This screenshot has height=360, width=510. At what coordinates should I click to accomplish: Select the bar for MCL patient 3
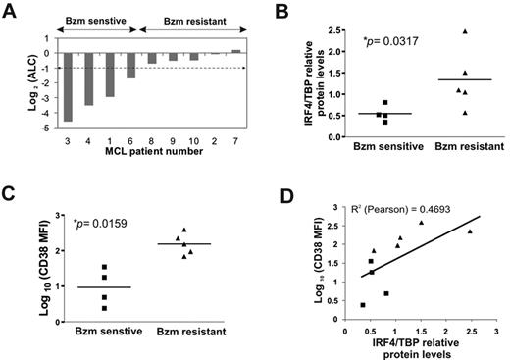pyautogui.click(x=68, y=87)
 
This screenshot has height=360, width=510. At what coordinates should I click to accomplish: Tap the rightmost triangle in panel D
pyautogui.click(x=470, y=231)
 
